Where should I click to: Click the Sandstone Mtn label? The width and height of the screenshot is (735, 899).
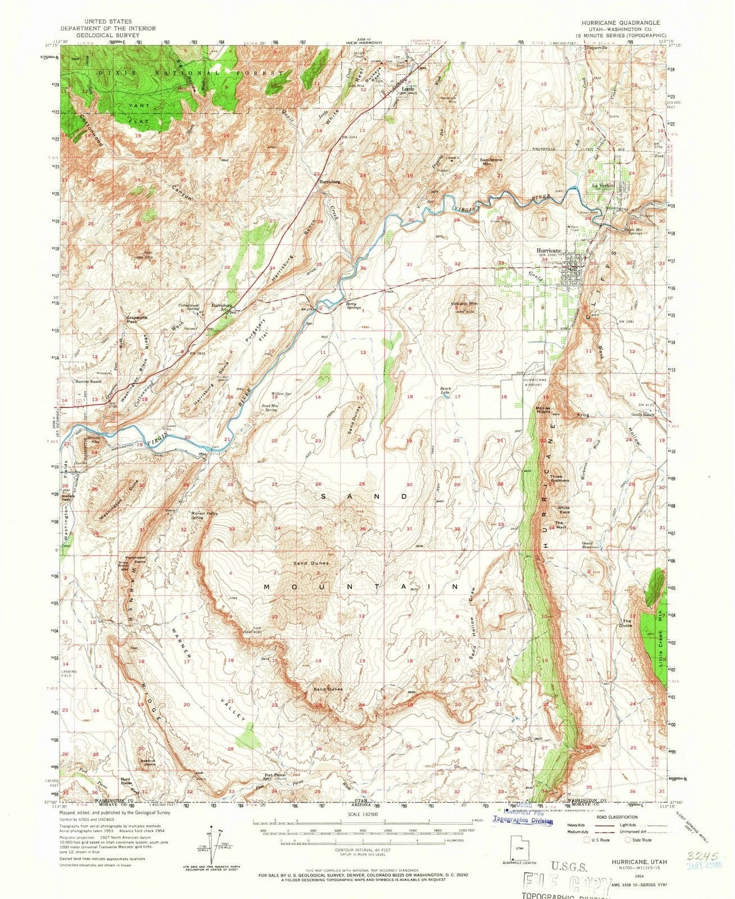[x=491, y=162]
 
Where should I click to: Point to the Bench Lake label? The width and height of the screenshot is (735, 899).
[x=446, y=391]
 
